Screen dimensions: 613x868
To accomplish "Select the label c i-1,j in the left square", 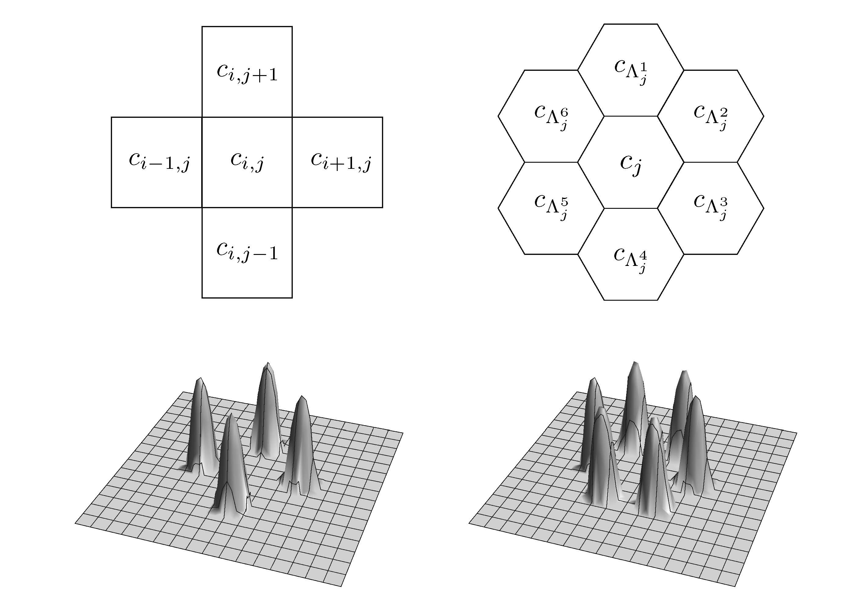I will point(159,161).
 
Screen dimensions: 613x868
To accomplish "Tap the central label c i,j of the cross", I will point(247,161).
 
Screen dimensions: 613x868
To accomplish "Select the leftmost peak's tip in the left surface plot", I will point(199,379).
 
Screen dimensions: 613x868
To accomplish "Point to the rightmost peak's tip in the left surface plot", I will point(301,397).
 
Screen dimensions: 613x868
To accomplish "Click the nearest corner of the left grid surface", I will point(341,586).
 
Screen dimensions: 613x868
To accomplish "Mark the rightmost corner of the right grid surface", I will point(797,433).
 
